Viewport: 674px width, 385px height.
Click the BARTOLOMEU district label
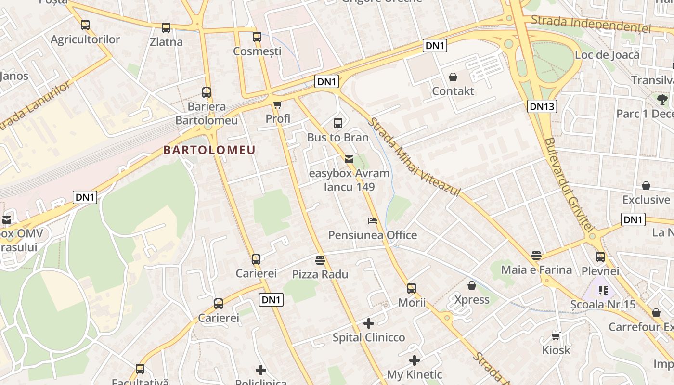tap(209, 150)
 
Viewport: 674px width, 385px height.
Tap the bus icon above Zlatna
tap(166, 28)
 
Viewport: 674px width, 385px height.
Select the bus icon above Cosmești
tap(257, 37)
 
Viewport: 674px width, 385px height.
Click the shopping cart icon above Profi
tap(277, 104)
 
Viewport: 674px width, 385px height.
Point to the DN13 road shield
tap(542, 106)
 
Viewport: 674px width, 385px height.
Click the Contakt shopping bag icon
tap(453, 77)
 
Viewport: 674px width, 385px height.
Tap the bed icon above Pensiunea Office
tap(372, 221)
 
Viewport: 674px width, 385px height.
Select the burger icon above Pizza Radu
tap(320, 260)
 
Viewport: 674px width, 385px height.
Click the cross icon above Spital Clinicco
tap(369, 323)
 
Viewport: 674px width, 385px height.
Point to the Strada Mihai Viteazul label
tap(414, 156)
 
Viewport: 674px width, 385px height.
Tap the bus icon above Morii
tap(412, 288)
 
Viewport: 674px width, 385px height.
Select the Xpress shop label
tap(472, 300)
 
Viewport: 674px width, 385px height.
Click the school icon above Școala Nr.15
tap(603, 290)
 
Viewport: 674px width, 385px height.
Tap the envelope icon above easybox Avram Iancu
tap(349, 159)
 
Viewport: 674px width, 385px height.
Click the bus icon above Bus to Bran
tap(338, 123)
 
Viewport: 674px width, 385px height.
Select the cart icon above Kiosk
tap(556, 336)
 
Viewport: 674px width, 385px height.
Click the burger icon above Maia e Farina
tap(536, 256)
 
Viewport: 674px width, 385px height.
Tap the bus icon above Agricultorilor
tap(85, 25)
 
